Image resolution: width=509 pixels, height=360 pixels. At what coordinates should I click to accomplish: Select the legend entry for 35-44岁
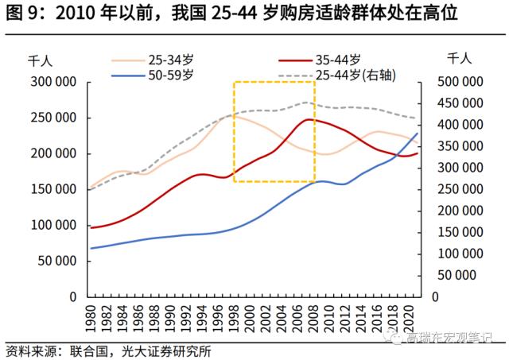(338, 60)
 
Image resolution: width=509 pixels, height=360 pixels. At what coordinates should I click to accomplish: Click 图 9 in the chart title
(20, 14)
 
